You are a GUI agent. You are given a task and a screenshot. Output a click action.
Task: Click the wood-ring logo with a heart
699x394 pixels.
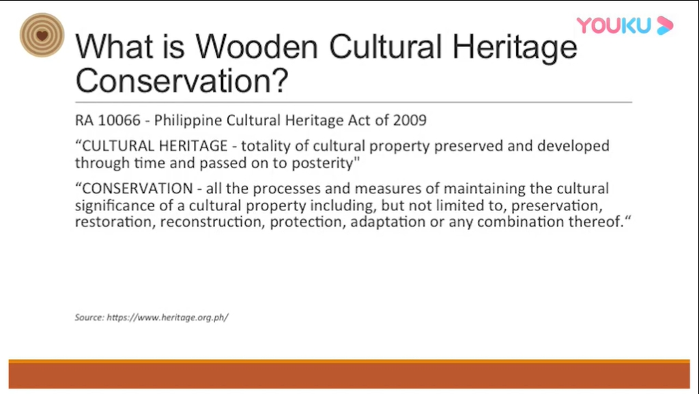(42, 36)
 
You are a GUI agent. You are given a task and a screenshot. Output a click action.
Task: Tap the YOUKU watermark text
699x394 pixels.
(614, 25)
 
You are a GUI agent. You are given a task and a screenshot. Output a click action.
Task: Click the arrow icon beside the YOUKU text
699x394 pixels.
(665, 25)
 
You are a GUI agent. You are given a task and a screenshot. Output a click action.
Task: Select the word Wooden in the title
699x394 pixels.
(257, 46)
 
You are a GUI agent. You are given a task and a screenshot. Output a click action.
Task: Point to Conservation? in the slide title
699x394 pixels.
(182, 80)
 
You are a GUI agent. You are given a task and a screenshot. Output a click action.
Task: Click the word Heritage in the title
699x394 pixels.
(515, 48)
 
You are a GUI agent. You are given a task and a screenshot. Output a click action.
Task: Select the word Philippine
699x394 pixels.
(188, 121)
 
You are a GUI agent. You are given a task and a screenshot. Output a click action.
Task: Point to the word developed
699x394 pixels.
(573, 146)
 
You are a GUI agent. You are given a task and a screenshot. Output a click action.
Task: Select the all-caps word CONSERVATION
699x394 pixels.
(138, 188)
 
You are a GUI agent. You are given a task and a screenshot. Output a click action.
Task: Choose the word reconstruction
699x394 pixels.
(212, 222)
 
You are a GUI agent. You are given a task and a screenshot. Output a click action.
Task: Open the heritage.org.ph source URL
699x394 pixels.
(168, 318)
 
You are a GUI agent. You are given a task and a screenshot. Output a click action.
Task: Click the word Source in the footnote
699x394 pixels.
(89, 318)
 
